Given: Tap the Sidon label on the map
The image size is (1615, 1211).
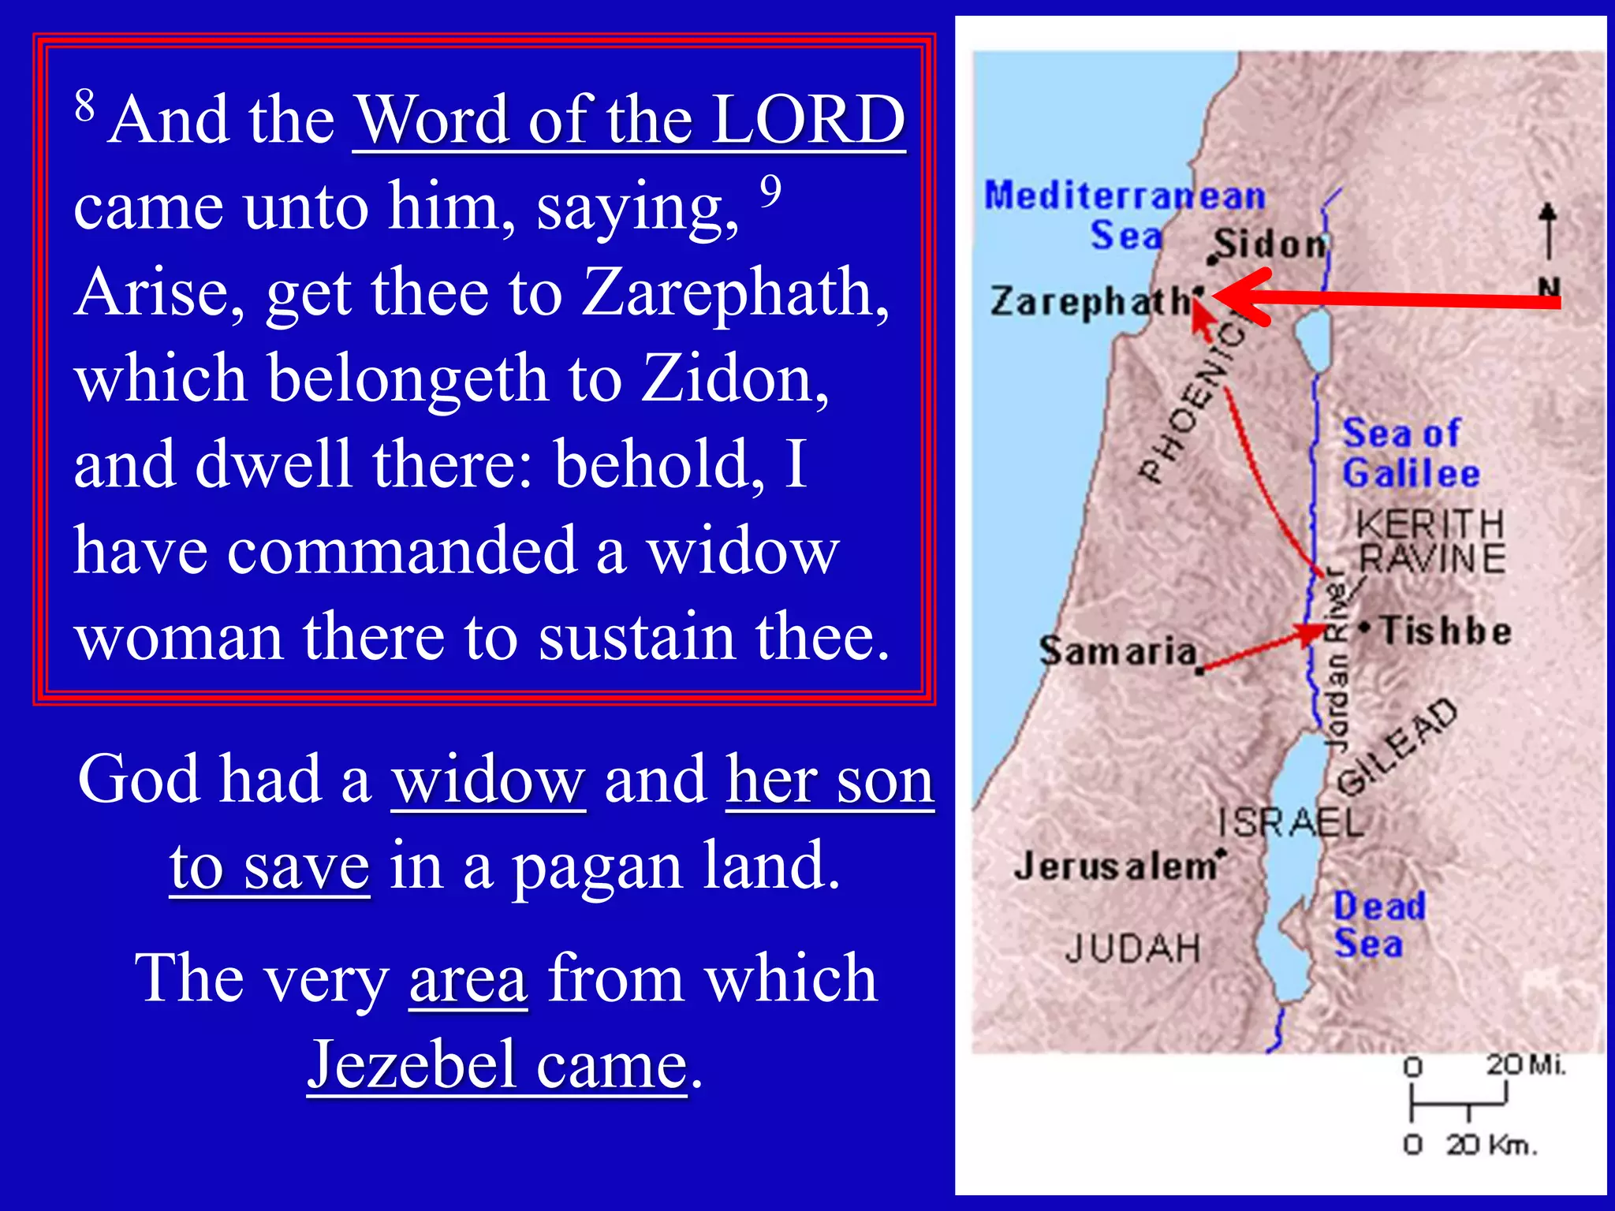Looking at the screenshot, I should [1270, 244].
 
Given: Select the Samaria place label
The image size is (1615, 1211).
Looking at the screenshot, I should [1117, 651].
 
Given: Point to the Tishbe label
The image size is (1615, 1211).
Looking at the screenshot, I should [1445, 632].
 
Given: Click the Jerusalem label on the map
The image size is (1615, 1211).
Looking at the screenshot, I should [1116, 866].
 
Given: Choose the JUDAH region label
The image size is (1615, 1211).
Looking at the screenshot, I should [1132, 948].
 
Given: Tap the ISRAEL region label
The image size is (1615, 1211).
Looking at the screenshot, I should [1290, 823].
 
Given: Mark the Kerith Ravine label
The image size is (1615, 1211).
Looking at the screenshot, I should [1430, 542].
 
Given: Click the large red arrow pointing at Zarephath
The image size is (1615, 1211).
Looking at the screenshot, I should [1388, 299].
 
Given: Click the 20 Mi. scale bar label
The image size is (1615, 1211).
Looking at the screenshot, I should [1525, 1065].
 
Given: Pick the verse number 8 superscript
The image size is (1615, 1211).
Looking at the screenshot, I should [84, 105].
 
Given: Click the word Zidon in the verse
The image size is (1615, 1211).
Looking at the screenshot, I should [734, 378].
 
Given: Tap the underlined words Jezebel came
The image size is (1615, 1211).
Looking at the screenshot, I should [498, 1065].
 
